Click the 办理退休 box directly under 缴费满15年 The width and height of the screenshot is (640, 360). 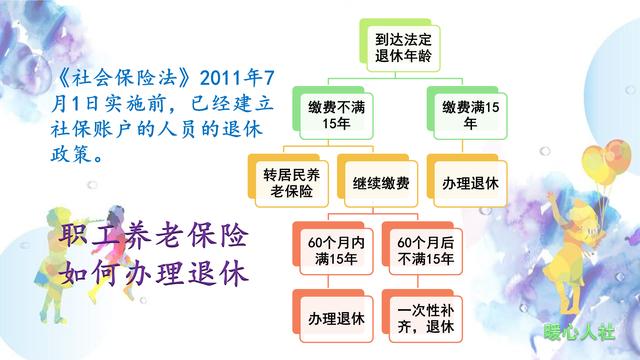pyautogui.click(x=468, y=184)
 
